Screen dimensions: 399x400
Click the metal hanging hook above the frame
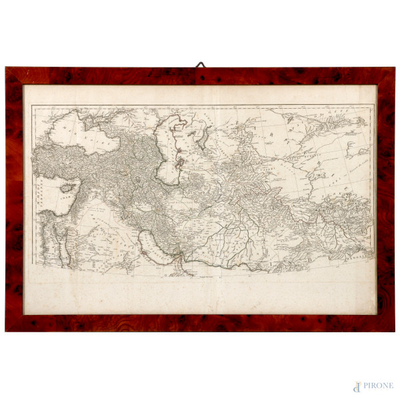pyautogui.click(x=200, y=65)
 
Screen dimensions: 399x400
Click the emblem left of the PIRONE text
pyautogui.click(x=357, y=386)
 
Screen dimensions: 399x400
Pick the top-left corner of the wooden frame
pyautogui.click(x=6, y=68)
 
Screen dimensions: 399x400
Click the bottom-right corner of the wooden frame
pyautogui.click(x=394, y=330)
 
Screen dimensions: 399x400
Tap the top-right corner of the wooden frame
pyautogui.click(x=394, y=68)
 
